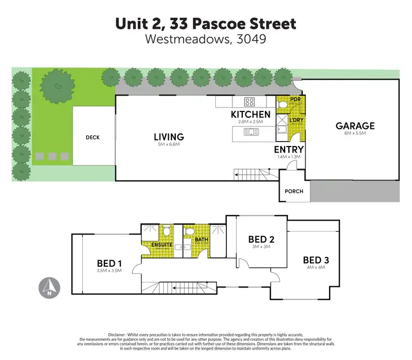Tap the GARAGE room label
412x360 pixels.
pyautogui.click(x=355, y=126)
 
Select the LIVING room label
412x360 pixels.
pyautogui.click(x=169, y=137)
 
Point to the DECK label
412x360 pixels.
pyautogui.click(x=92, y=137)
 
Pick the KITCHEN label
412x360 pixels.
pyautogui.click(x=250, y=114)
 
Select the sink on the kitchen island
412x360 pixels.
pyautogui.click(x=253, y=131)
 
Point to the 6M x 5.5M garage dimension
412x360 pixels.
pyautogui.click(x=355, y=133)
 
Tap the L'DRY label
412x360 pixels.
pyautogui.click(x=296, y=119)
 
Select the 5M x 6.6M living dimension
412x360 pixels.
pyautogui.click(x=169, y=144)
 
